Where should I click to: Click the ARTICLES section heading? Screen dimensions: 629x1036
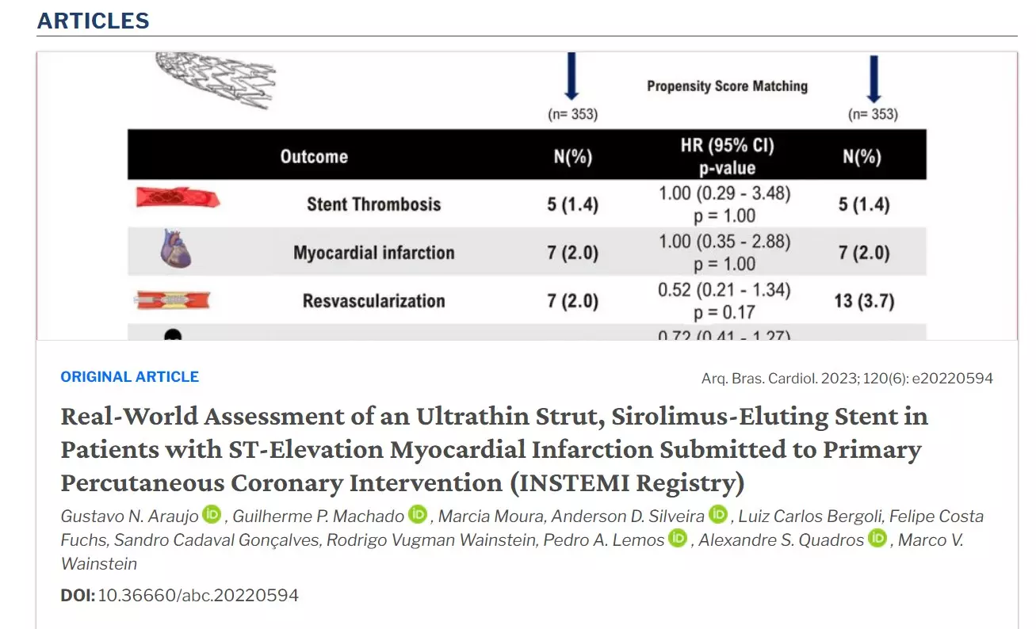93,21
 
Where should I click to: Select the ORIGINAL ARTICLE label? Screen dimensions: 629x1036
130,377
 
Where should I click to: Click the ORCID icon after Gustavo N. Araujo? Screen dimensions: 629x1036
212,515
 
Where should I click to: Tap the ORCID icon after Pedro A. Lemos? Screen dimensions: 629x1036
677,539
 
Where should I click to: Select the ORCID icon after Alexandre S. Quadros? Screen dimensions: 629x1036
877,539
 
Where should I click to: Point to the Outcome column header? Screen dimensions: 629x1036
314,156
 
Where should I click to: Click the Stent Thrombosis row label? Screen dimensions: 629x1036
374,204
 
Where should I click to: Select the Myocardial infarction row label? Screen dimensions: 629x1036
374,253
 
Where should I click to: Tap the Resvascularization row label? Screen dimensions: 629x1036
374,301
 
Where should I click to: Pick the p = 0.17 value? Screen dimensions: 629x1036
724,312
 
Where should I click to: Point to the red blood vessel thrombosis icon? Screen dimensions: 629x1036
176,199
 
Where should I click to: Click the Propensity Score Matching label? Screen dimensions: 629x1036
727,86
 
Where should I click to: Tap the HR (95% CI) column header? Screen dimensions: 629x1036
728,146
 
